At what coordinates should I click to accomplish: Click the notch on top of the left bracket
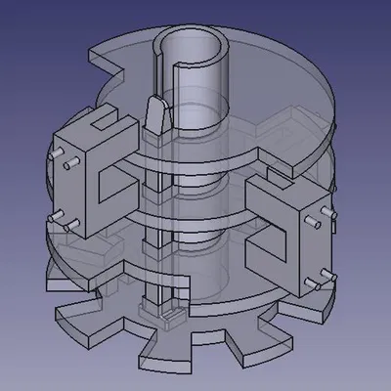point(101,123)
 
